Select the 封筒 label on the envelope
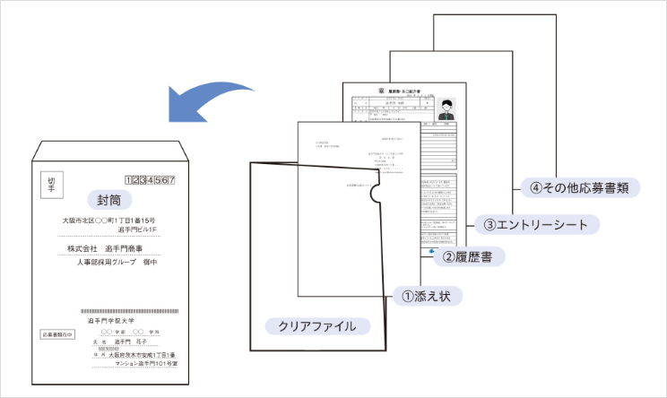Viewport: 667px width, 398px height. [107, 198]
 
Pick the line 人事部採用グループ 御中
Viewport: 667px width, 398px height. [116, 262]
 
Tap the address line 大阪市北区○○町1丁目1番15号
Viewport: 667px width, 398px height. [108, 221]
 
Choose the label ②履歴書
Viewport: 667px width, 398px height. [467, 257]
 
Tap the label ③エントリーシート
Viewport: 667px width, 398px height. [536, 223]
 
